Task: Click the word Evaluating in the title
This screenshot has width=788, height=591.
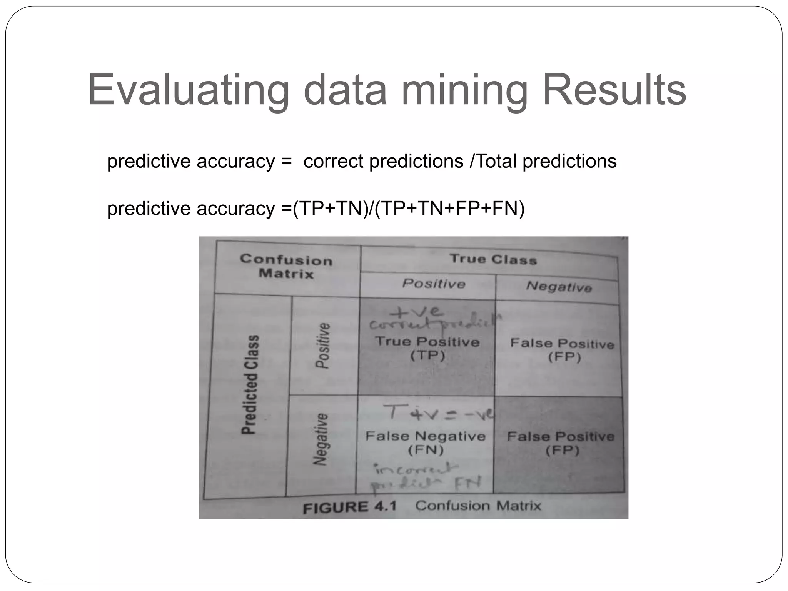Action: [x=188, y=90]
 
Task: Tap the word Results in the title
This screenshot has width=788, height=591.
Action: [x=614, y=90]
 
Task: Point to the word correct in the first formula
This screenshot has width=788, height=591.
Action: [x=333, y=161]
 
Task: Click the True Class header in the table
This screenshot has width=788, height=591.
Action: [x=493, y=259]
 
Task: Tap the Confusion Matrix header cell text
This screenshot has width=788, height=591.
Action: [x=286, y=267]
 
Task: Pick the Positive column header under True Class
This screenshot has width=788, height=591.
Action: [x=434, y=284]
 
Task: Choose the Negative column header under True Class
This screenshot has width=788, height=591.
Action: [x=559, y=287]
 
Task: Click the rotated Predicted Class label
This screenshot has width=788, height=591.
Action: [x=250, y=385]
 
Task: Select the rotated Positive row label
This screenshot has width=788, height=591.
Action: [x=322, y=346]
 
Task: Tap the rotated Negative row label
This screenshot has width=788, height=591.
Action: [x=320, y=439]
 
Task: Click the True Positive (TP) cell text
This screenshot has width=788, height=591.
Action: [x=427, y=348]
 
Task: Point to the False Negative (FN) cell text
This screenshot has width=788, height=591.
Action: [x=425, y=442]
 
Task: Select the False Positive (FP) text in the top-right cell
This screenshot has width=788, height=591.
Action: [x=562, y=350]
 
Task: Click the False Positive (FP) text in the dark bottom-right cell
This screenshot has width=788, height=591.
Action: [x=561, y=443]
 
